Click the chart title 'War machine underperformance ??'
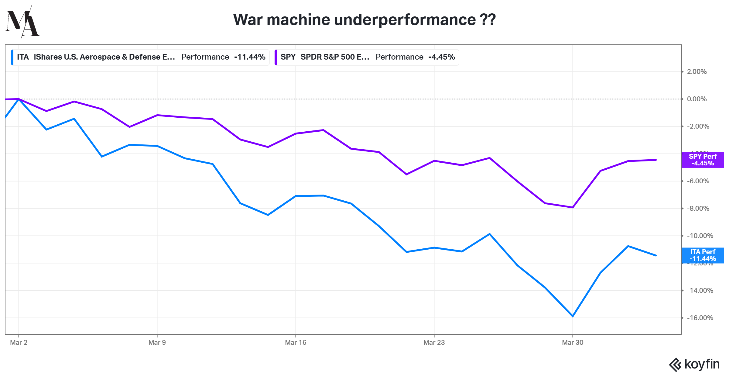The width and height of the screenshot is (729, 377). coord(364,20)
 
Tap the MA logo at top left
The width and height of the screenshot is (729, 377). coord(22,22)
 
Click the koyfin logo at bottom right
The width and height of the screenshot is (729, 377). coord(694,365)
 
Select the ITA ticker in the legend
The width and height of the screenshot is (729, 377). coord(23,57)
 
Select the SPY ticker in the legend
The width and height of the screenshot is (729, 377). coord(288,57)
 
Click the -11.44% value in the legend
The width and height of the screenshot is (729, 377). coord(250,57)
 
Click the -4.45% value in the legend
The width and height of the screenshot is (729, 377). coord(441,57)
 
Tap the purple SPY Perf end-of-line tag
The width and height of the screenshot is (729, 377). coord(703,160)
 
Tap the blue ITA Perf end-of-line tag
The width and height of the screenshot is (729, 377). coord(703,255)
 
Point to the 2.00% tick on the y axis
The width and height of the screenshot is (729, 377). coord(697,72)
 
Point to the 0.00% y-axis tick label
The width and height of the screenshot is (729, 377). coord(697,99)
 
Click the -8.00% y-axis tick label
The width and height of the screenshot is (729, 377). coord(698,209)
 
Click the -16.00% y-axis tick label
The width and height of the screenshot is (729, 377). coord(700,318)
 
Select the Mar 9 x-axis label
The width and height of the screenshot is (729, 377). coord(157,343)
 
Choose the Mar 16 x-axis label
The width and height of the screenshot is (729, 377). coord(296,343)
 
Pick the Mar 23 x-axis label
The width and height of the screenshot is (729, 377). coord(434,343)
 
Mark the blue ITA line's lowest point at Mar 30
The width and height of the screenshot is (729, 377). coord(573,316)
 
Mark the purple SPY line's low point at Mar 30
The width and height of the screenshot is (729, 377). coord(573,207)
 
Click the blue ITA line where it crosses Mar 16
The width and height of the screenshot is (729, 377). coord(296,196)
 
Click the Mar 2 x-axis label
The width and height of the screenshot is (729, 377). coord(19,343)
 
